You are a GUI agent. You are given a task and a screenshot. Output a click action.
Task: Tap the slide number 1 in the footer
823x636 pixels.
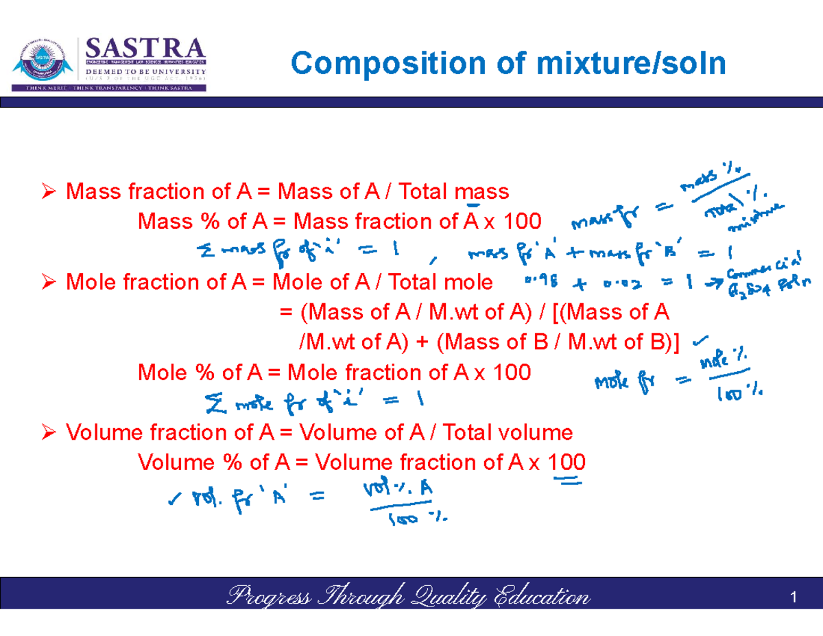click(x=794, y=598)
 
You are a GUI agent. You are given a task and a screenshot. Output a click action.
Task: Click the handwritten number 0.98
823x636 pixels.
click(x=540, y=281)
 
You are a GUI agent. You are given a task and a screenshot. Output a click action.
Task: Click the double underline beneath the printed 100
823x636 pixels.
click(x=567, y=483)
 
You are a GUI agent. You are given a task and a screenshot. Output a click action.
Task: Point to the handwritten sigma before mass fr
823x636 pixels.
click(x=204, y=252)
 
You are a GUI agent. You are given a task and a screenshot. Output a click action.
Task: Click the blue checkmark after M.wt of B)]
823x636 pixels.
click(x=700, y=338)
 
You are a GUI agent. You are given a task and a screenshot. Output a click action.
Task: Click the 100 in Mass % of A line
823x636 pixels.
click(x=522, y=222)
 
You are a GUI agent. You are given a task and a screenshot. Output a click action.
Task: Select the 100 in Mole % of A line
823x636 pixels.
click(x=512, y=373)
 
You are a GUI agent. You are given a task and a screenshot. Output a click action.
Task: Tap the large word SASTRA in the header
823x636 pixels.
click(x=145, y=49)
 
